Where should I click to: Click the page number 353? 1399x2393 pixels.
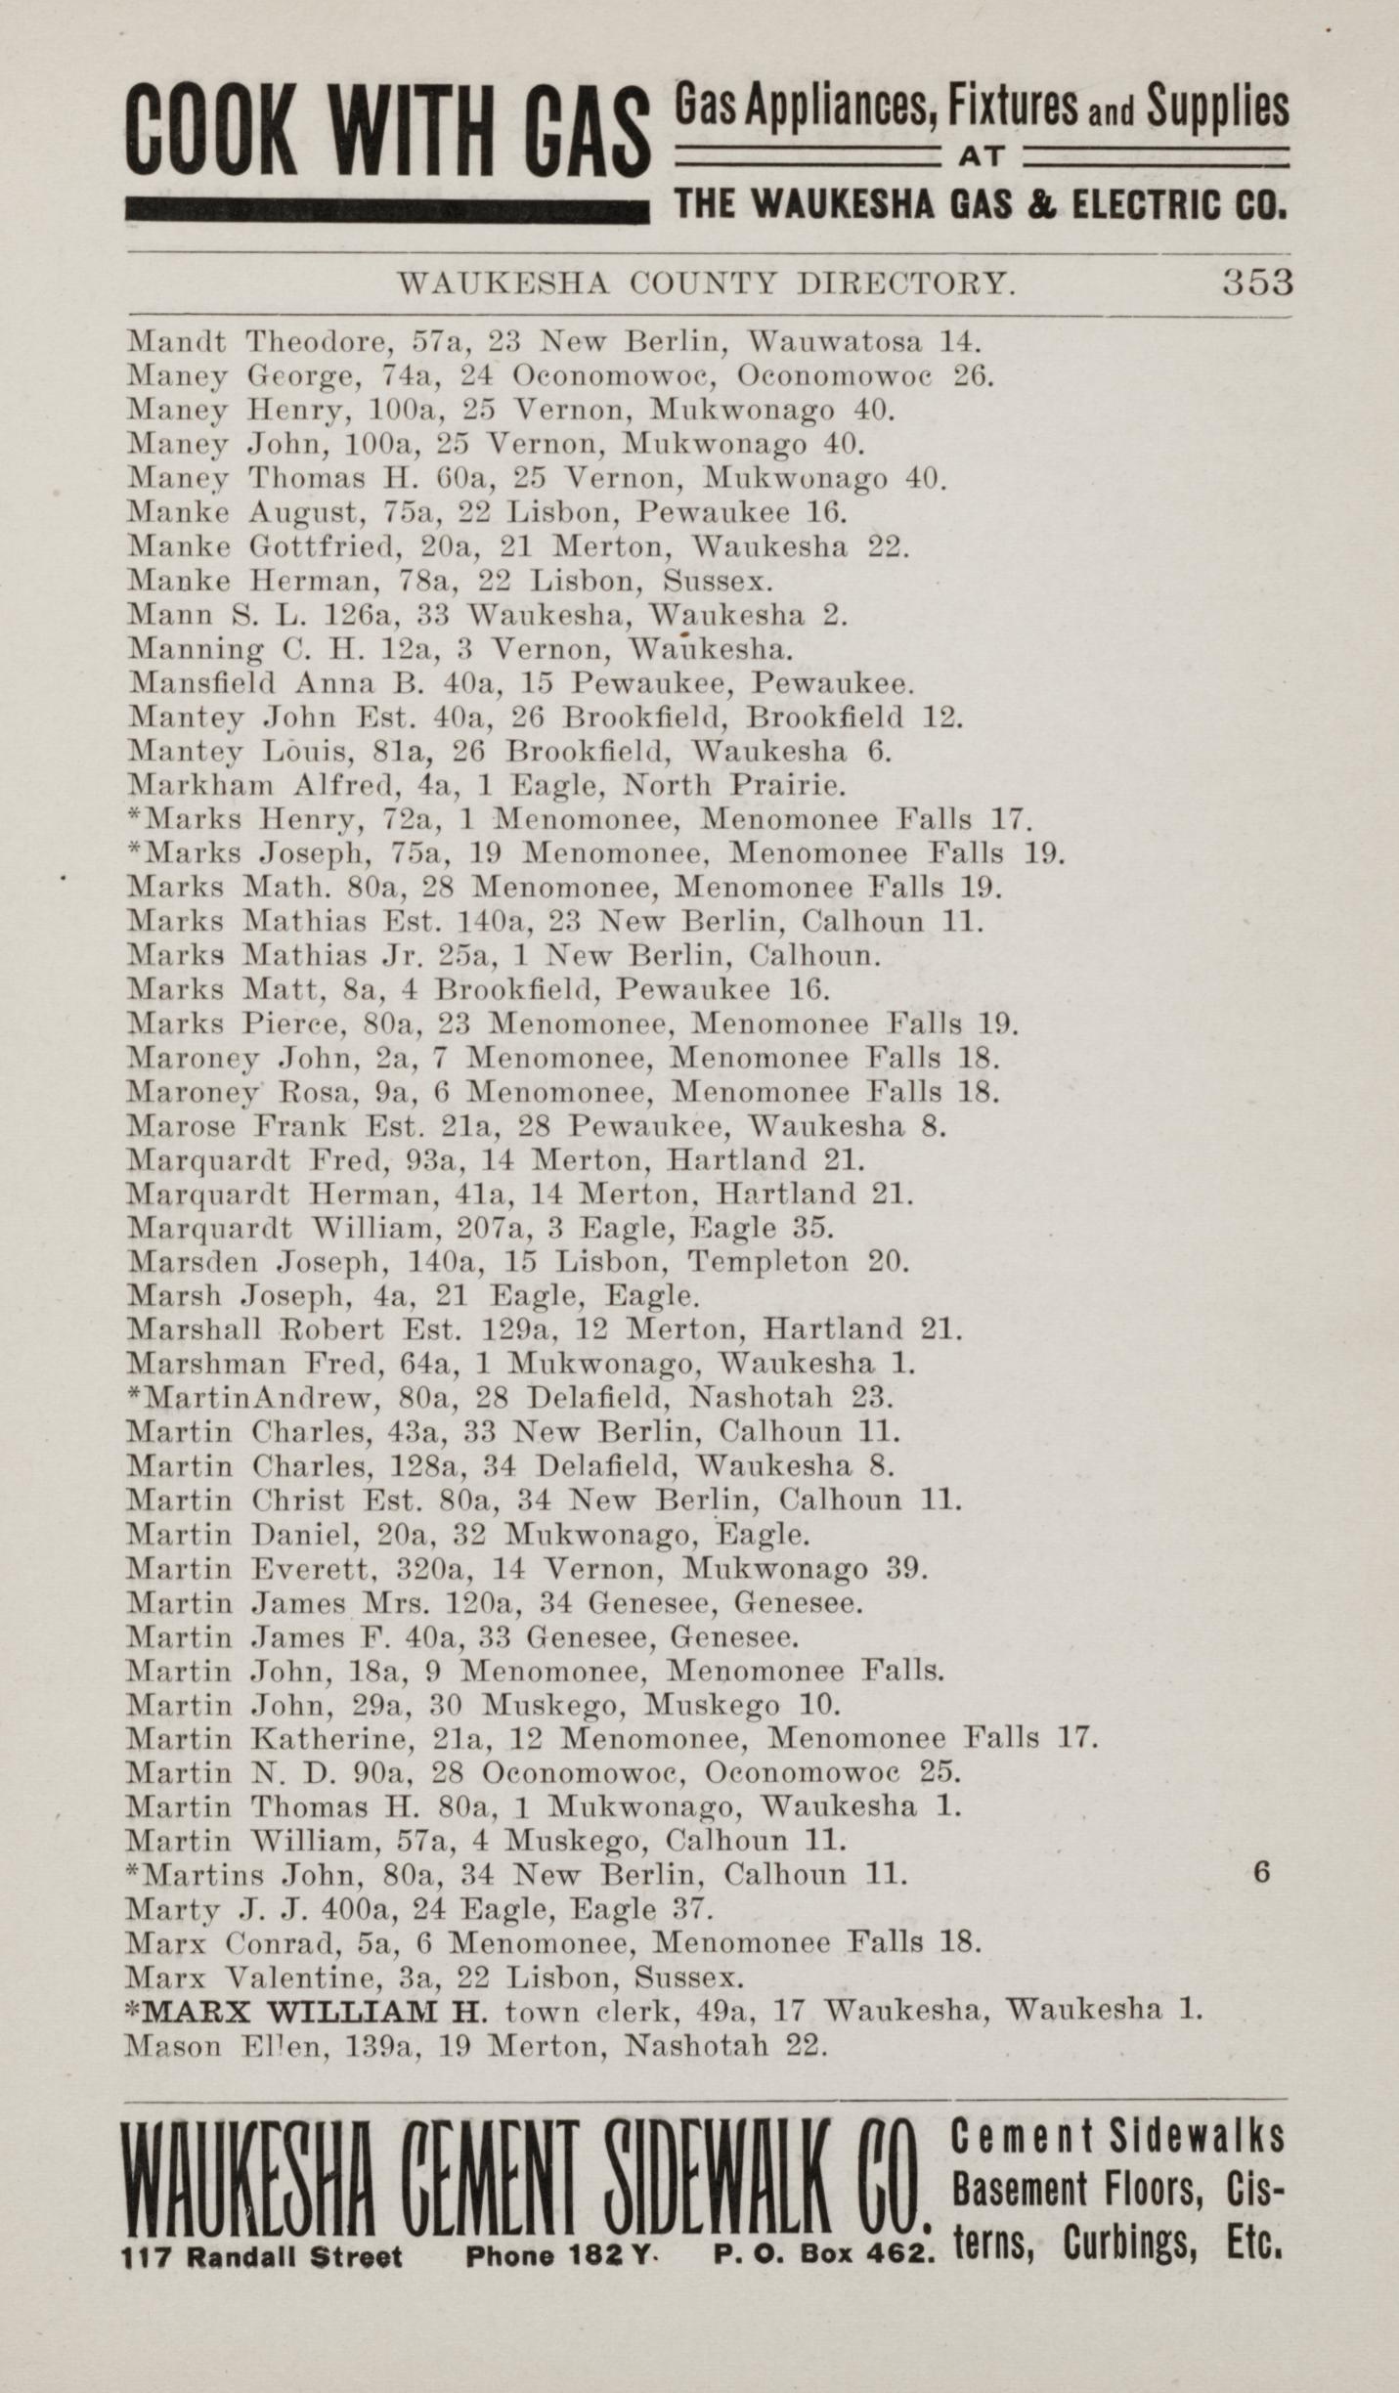tap(1256, 283)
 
